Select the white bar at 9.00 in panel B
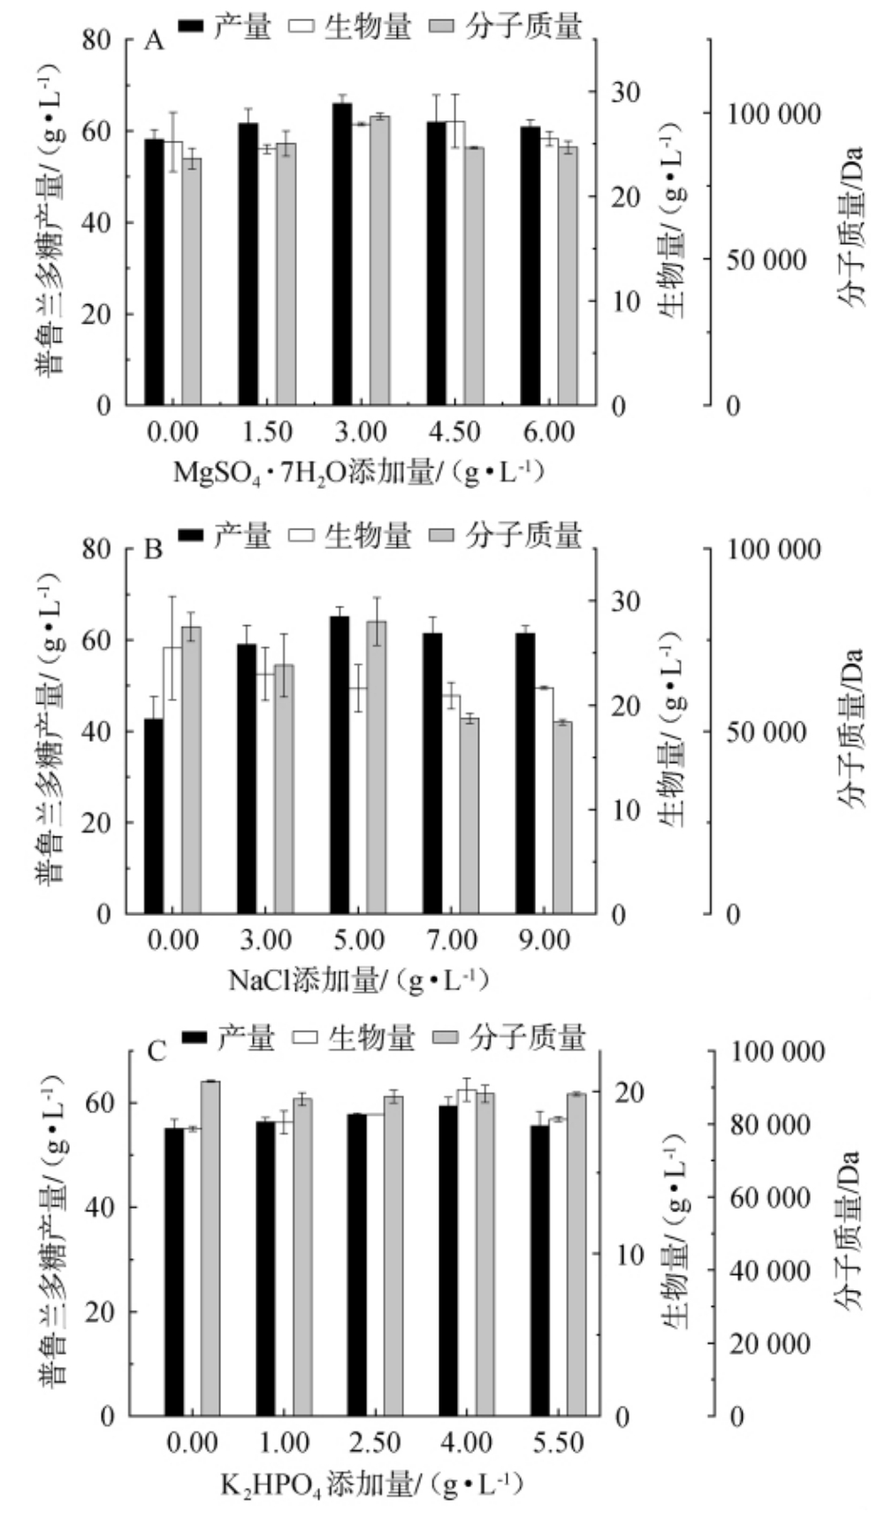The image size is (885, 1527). pyautogui.click(x=544, y=800)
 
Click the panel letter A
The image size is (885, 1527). pyautogui.click(x=154, y=42)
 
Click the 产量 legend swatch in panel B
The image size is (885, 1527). pyautogui.click(x=192, y=535)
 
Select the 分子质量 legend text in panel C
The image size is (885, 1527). pyautogui.click(x=528, y=1036)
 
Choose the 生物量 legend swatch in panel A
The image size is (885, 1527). pyautogui.click(x=302, y=27)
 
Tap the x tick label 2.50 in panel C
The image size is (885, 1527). pyautogui.click(x=375, y=1442)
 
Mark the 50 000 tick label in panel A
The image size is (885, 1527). pyautogui.click(x=767, y=260)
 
